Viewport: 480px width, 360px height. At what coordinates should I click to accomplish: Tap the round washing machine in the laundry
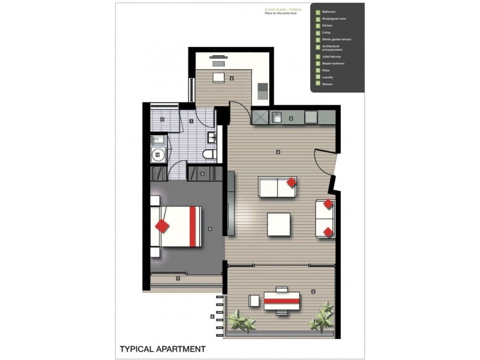pos(158,155)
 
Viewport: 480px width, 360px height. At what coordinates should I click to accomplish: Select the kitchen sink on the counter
pos(277,116)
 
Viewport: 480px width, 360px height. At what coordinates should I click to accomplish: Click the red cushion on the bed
pos(162,226)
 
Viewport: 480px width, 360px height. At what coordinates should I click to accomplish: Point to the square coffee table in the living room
pos(278,224)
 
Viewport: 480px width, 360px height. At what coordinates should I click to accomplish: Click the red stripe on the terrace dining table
pos(282,299)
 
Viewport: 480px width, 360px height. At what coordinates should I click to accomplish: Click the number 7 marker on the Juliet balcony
pos(178,279)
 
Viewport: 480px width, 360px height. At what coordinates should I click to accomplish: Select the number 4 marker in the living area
pos(278,152)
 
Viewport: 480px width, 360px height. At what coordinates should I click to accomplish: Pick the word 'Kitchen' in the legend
pos(328,26)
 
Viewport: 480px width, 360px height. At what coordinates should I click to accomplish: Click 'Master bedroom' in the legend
pos(333,63)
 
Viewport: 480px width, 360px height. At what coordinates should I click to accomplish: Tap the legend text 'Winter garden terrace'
pos(337,39)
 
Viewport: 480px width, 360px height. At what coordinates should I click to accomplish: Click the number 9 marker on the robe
pos(202,174)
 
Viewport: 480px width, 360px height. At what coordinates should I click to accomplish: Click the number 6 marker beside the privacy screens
pos(212,316)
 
